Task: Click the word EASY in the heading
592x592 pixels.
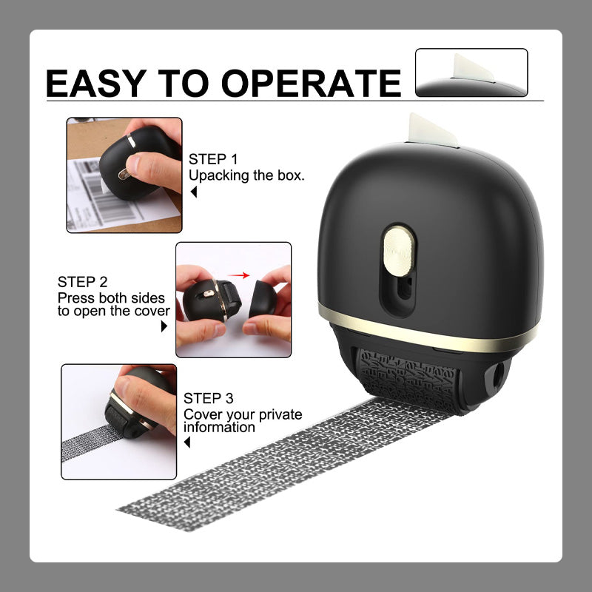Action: click(96, 83)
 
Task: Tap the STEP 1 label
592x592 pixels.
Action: click(213, 159)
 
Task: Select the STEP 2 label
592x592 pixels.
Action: click(82, 282)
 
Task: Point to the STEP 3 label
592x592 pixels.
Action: click(209, 398)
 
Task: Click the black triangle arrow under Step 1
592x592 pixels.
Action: click(194, 192)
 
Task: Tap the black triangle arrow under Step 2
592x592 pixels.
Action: click(164, 326)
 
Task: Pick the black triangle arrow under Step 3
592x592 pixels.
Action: click(187, 442)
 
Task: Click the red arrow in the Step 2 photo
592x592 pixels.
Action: click(239, 275)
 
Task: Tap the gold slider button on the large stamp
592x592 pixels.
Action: click(398, 251)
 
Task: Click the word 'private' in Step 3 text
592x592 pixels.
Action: click(280, 414)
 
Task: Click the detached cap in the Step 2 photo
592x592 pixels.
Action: click(262, 298)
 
